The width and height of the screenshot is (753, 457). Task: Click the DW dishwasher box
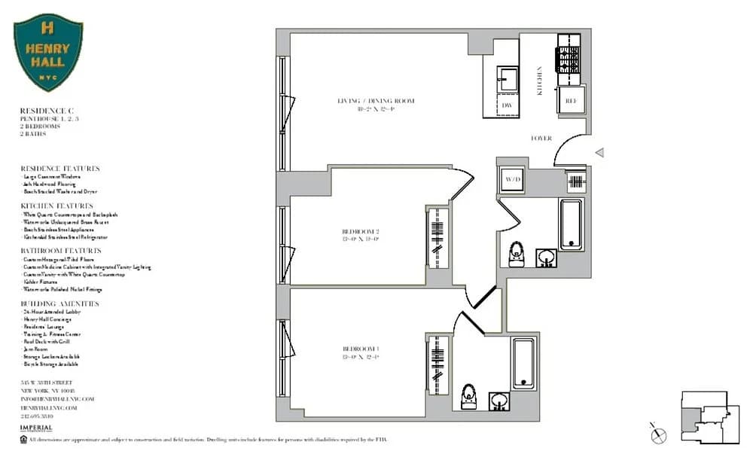(507, 106)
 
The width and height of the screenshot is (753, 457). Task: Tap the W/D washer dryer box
(512, 180)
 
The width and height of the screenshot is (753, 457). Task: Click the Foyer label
(541, 139)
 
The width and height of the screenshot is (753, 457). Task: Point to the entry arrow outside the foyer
(599, 153)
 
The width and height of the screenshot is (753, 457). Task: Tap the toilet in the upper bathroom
(517, 254)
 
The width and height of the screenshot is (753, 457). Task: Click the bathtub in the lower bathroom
(523, 364)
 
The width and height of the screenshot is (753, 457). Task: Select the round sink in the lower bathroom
(498, 399)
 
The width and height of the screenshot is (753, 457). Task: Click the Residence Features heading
(59, 169)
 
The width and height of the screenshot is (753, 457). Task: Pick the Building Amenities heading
(59, 303)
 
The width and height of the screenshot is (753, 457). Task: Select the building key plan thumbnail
(707, 418)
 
